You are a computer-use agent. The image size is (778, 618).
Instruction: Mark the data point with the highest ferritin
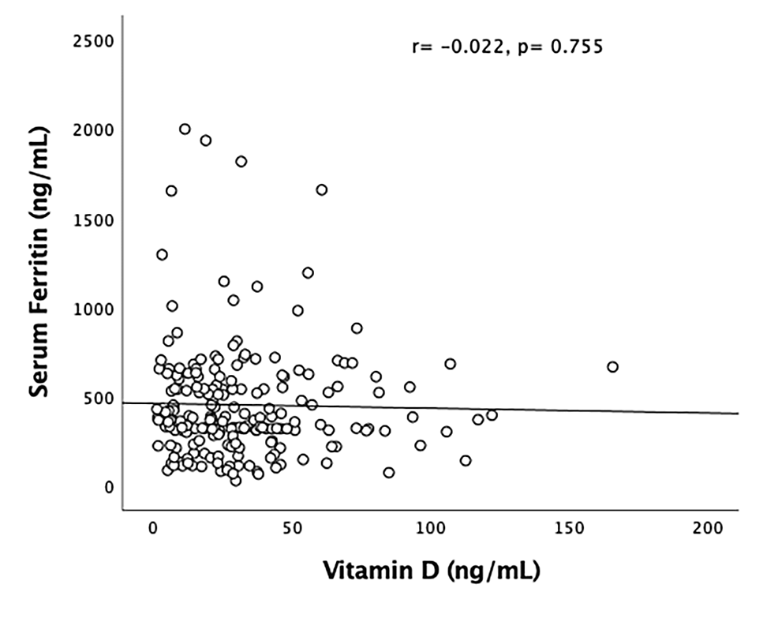coord(185,129)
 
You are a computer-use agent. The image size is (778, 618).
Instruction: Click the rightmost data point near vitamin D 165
coord(612,366)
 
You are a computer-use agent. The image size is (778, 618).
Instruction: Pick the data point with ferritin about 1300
coord(162,254)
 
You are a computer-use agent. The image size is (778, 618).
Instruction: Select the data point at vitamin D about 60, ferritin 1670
coord(321,189)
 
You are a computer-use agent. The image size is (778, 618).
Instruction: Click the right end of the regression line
coord(737,413)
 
